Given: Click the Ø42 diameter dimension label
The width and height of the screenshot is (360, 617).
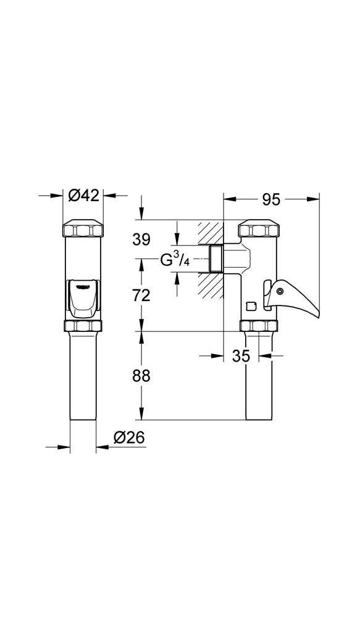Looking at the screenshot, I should click(83, 196).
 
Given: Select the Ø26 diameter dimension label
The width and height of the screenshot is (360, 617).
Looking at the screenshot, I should click(129, 437).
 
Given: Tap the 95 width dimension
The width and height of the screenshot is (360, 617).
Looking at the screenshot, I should click(271, 199).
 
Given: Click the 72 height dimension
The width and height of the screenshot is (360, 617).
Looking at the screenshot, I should click(142, 295).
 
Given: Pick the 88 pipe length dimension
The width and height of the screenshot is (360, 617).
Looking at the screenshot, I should click(142, 375).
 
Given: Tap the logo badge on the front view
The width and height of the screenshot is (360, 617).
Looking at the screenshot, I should click(83, 285).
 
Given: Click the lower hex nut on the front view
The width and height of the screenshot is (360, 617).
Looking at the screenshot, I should click(83, 326).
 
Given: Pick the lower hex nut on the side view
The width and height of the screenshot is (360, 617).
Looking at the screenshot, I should click(258, 326).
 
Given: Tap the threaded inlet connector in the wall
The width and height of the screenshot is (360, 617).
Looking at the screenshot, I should click(216, 259).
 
